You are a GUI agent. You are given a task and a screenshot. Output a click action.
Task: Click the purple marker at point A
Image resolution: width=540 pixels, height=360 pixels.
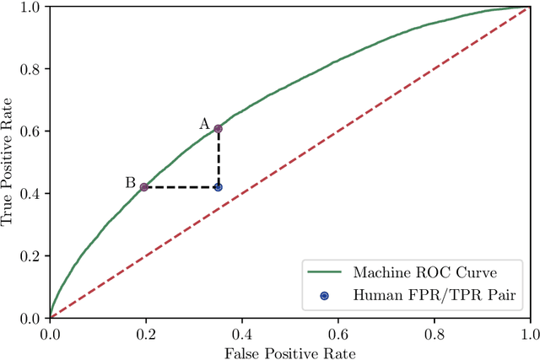click(x=218, y=129)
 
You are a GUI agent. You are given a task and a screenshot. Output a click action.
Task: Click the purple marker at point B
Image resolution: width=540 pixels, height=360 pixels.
click(x=144, y=187)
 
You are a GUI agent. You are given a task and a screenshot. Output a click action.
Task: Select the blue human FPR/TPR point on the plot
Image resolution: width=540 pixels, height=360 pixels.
click(x=218, y=187)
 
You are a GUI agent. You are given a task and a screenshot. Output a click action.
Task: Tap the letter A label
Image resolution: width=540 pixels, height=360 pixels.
click(x=204, y=124)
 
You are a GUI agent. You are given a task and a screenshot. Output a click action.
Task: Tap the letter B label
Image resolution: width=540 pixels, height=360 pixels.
click(x=130, y=182)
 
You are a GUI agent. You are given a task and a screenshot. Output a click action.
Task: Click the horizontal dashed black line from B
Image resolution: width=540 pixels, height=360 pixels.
click(x=181, y=187)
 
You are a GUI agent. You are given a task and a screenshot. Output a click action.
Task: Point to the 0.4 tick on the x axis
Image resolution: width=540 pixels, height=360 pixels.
click(x=241, y=319)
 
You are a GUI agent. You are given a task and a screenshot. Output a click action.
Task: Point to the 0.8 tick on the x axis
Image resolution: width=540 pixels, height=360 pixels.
click(x=434, y=319)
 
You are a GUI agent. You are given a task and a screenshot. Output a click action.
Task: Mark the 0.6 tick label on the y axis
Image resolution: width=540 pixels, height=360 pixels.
click(x=31, y=132)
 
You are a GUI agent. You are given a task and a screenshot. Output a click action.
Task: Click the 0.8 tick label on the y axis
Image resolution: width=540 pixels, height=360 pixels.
click(x=31, y=69)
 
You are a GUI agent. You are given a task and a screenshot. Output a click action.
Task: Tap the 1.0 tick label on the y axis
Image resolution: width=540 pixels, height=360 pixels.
click(x=31, y=8)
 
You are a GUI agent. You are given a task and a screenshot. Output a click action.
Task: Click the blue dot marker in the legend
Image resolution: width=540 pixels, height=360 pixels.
click(x=323, y=295)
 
